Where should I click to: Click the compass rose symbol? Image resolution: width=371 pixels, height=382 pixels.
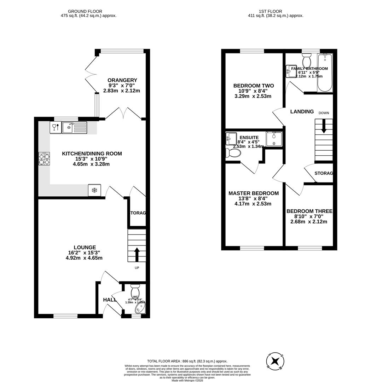click(x=275, y=361)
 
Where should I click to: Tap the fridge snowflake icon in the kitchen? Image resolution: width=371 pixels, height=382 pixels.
click(x=94, y=190)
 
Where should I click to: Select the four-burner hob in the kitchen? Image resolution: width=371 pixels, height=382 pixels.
click(x=44, y=159)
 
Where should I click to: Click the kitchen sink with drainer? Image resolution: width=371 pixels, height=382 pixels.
click(x=74, y=127)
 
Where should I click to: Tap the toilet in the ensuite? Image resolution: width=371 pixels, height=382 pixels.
click(x=233, y=153)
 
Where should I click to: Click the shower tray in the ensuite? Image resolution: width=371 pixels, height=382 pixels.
click(x=274, y=138)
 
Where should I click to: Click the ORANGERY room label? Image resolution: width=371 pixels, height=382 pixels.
click(x=122, y=80)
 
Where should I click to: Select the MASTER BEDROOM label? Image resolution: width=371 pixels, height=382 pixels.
click(x=253, y=193)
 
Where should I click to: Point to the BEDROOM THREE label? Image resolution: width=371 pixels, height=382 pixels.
click(x=309, y=211)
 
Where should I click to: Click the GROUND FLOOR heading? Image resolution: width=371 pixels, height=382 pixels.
click(x=80, y=11)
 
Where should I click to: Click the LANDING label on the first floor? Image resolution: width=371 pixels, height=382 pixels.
click(x=302, y=111)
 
